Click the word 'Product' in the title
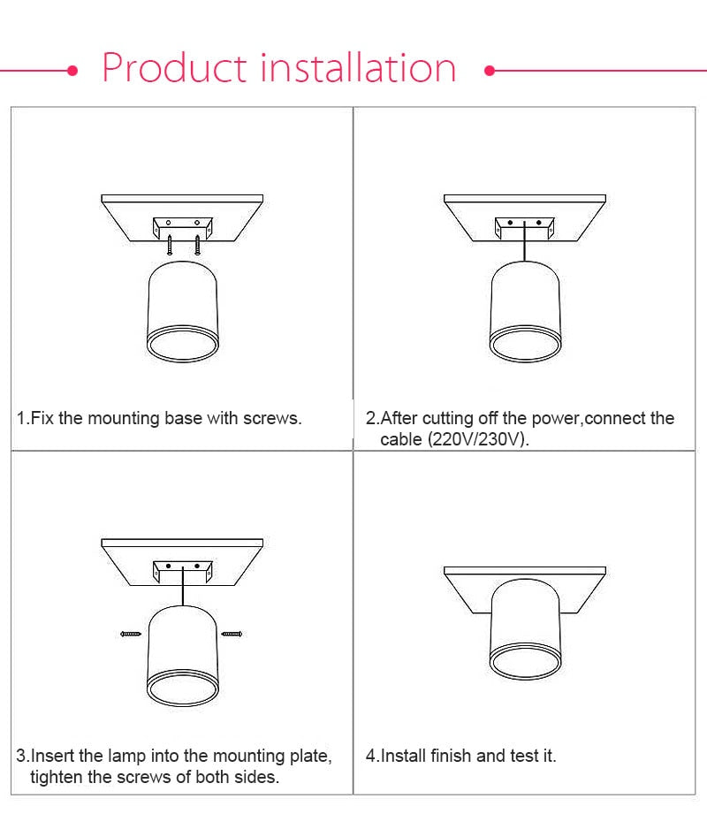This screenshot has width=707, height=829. click(174, 69)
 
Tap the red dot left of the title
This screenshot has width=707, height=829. click(74, 70)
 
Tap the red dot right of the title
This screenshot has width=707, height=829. click(489, 70)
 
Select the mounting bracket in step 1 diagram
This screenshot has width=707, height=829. click(183, 226)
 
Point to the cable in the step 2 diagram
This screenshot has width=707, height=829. click(526, 243)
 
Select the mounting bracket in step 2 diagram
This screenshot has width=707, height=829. click(525, 226)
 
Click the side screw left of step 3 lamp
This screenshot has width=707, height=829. click(131, 634)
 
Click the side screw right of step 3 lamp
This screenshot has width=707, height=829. click(232, 634)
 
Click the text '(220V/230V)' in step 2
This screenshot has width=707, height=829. click(478, 439)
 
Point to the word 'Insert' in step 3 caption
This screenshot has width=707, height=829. click(51, 756)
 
